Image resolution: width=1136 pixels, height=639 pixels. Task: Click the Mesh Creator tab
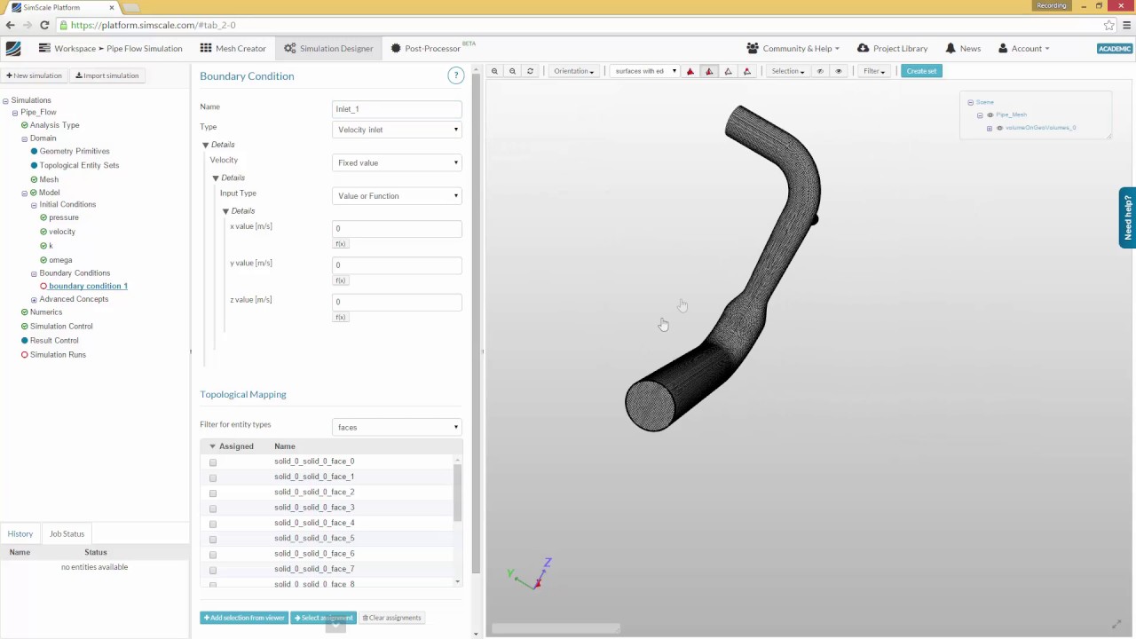tap(233, 49)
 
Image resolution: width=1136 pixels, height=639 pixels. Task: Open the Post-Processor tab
tap(431, 49)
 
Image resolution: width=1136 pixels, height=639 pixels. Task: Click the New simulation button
tap(35, 75)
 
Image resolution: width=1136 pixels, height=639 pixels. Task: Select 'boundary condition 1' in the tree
tap(88, 286)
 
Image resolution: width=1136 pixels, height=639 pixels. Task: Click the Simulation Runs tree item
tap(58, 354)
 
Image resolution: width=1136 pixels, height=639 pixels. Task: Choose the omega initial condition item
tap(60, 260)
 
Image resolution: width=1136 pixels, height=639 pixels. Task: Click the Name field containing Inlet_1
tap(397, 109)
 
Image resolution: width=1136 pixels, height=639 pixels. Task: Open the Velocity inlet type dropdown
tap(397, 130)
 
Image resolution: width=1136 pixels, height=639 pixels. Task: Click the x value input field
tap(397, 228)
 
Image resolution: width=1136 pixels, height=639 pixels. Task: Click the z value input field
tap(397, 302)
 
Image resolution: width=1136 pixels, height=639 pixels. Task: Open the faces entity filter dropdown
tap(397, 427)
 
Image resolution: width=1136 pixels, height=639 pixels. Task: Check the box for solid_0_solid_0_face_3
tap(213, 509)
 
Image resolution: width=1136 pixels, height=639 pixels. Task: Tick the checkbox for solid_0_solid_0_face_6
tap(213, 555)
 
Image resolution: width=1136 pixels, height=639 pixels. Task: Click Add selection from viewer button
tap(244, 618)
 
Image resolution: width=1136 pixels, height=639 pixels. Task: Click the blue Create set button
tap(921, 71)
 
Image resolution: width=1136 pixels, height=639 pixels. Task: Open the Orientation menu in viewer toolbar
tap(573, 71)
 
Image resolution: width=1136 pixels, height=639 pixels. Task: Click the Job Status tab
tap(67, 534)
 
